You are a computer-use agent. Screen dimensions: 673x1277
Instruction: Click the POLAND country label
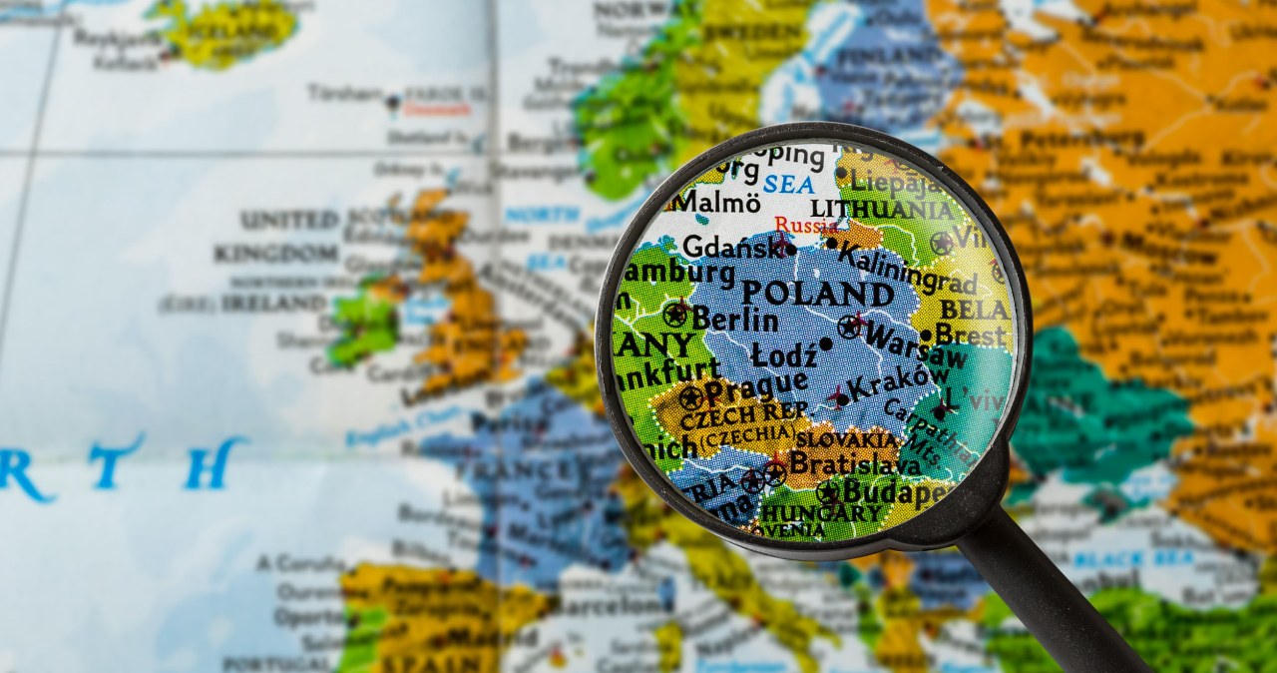tap(817, 294)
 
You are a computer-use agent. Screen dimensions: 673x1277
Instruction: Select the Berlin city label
tap(734, 320)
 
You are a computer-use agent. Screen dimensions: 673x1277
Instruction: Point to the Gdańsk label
tap(730, 247)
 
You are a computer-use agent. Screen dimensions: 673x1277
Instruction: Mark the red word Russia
tap(806, 226)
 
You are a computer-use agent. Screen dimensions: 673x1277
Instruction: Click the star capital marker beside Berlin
tap(675, 316)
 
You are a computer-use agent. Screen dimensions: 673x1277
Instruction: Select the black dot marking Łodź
tap(825, 344)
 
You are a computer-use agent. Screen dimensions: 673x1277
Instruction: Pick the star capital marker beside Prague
tap(689, 397)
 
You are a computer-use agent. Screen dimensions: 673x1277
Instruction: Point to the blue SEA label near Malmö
tap(788, 185)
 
